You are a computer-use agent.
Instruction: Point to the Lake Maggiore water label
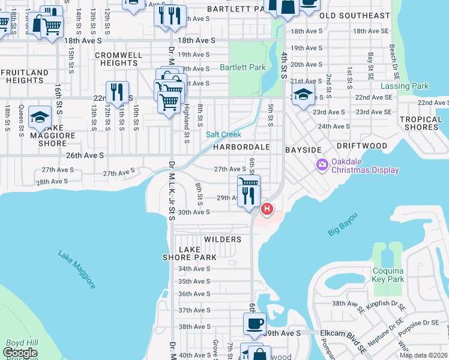(77, 269)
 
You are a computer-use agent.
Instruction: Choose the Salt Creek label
(224, 135)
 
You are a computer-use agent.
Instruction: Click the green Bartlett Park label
(243, 68)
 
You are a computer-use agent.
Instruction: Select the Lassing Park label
(405, 86)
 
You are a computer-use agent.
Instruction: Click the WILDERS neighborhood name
(222, 239)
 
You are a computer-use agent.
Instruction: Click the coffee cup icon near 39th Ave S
(254, 323)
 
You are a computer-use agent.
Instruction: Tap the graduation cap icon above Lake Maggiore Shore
(40, 116)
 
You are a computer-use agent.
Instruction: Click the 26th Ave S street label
(85, 155)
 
